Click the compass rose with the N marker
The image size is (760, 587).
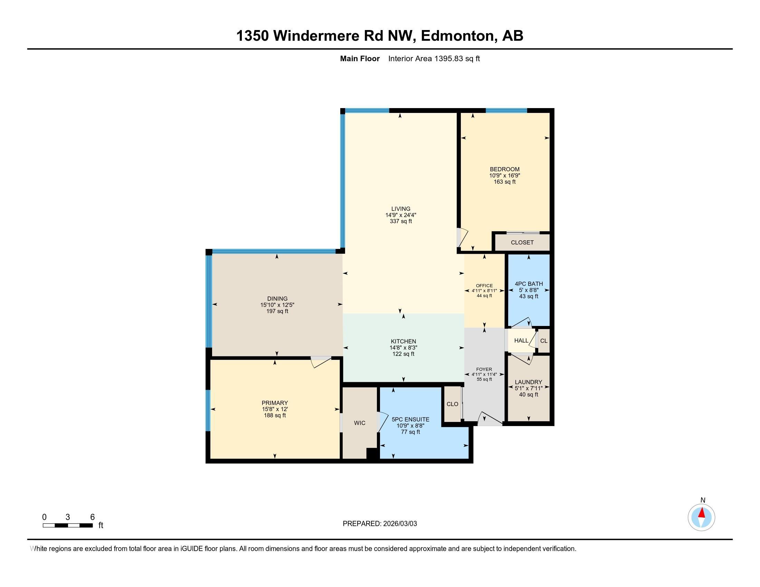701,517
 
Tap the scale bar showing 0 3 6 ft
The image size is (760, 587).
68,525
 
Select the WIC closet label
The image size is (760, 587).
360,423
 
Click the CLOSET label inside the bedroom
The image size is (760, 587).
522,242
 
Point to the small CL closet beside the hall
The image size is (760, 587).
543,341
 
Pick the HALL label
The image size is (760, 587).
521,340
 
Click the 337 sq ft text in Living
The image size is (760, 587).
400,221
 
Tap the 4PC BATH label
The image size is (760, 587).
529,284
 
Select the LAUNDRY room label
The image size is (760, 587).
528,382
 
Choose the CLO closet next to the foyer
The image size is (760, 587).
452,404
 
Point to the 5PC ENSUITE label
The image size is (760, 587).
410,420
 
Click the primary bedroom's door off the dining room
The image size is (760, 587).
321,361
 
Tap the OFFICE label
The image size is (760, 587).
484,286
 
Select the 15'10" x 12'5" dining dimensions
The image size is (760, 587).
277,305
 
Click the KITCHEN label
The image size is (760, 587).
403,341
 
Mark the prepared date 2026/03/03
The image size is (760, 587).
399,524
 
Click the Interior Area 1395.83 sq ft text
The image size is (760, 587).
434,59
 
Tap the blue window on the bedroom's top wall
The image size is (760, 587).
506,110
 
